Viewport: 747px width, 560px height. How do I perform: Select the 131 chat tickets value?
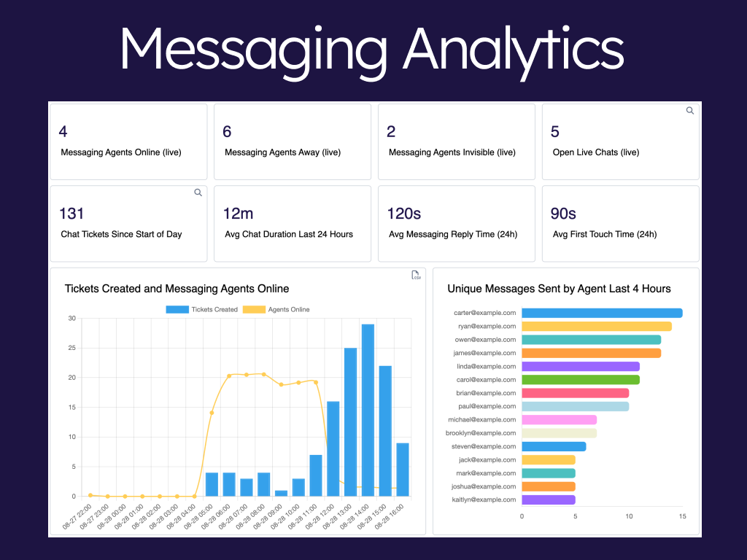tap(71, 214)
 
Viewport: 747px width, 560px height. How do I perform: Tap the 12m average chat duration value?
tap(238, 214)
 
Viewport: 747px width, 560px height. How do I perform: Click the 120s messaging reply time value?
tap(405, 214)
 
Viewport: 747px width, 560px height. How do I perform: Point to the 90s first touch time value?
tap(563, 214)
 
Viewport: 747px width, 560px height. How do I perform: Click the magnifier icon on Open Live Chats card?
tap(690, 111)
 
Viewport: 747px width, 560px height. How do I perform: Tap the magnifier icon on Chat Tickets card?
tap(198, 192)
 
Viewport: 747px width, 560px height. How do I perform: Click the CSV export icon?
tap(417, 275)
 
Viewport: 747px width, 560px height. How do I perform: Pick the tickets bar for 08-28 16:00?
tap(403, 470)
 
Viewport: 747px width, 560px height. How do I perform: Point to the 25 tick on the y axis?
tap(71, 348)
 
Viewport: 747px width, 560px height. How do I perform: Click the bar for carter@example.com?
tap(602, 313)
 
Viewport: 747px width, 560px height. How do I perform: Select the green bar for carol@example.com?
tap(581, 379)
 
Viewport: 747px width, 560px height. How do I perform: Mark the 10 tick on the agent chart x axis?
tap(629, 516)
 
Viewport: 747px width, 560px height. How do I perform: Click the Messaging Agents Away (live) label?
tap(282, 152)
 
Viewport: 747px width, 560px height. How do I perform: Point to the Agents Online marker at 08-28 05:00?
tap(212, 413)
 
